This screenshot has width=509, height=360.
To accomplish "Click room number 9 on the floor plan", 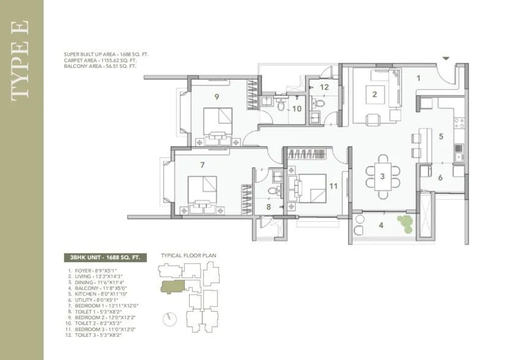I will pyautogui.click(x=217, y=95).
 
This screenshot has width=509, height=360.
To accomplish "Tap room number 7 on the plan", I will pyautogui.click(x=201, y=164).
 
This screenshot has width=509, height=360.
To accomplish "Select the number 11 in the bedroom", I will pyautogui.click(x=333, y=186).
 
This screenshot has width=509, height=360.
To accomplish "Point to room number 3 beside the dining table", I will pyautogui.click(x=382, y=177).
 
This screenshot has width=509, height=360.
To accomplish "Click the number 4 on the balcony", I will pyautogui.click(x=381, y=226).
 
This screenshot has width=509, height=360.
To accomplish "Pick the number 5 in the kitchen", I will pyautogui.click(x=440, y=136).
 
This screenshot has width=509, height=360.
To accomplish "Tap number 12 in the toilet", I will pyautogui.click(x=324, y=87).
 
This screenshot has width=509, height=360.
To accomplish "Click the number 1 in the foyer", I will pyautogui.click(x=418, y=78).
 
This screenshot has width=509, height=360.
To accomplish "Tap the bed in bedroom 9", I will pyautogui.click(x=218, y=120).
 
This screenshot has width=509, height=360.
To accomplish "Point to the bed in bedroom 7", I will pyautogui.click(x=202, y=189).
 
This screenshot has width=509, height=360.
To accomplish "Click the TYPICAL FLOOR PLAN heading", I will pyautogui.click(x=188, y=255).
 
